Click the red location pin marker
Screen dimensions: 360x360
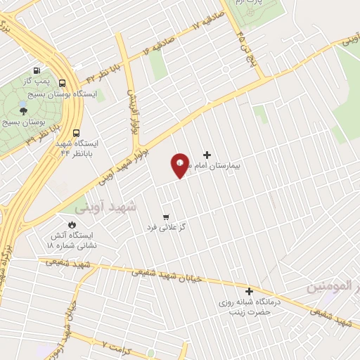tap(179, 165)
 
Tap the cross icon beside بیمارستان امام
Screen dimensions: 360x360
tap(207, 155)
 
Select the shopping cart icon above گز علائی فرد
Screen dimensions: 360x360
tap(166, 217)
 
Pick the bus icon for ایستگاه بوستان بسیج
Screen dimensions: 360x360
tap(63, 83)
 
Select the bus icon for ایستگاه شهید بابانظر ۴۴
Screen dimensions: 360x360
tap(76, 131)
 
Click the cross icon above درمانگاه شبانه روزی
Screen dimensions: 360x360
tap(249, 291)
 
